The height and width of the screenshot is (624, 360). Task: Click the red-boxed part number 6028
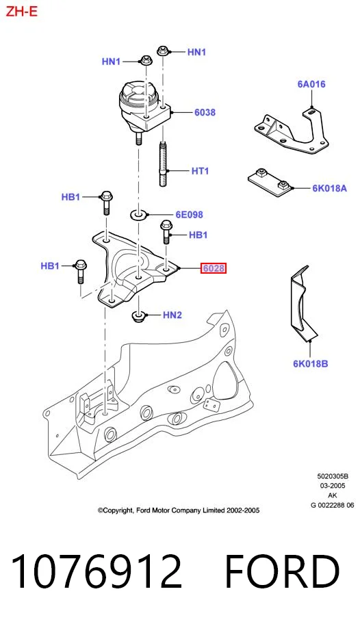(x=214, y=269)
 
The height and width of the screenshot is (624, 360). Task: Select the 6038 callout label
(x=205, y=113)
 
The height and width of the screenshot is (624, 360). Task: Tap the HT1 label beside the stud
(x=200, y=171)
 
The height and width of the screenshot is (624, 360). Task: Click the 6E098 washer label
(x=189, y=215)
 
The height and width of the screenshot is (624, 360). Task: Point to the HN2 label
(x=172, y=315)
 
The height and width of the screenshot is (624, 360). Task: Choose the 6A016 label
(x=311, y=84)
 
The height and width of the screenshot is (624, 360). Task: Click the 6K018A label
(x=329, y=188)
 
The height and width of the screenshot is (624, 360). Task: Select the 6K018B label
(x=311, y=363)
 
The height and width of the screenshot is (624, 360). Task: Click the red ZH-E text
(x=21, y=11)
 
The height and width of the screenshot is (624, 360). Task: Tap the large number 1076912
(x=96, y=572)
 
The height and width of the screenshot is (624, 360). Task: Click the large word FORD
(x=283, y=572)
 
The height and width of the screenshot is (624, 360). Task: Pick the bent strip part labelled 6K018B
(x=302, y=303)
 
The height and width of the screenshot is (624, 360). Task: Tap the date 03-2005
(x=333, y=486)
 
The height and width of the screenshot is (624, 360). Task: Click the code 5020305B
(x=333, y=476)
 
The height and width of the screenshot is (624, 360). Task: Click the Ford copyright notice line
(x=179, y=510)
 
